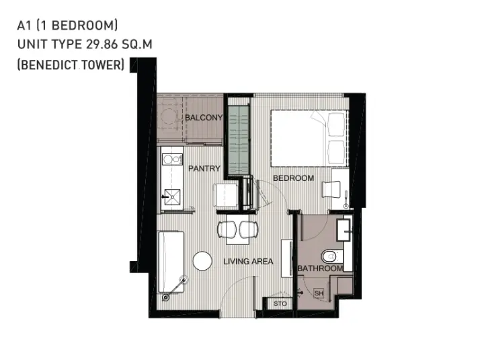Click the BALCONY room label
tap(204, 117)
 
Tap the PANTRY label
tap(204, 168)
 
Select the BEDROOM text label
tap(293, 178)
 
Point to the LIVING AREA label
tap(248, 261)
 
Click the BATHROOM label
tap(320, 268)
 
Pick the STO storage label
tap(280, 303)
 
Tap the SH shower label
tap(319, 293)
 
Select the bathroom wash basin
tap(344, 229)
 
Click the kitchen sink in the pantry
tap(172, 196)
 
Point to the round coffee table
tap(202, 261)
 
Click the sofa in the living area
tap(171, 262)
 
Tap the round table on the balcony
tap(169, 116)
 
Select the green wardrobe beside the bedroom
tap(239, 141)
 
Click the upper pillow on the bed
tap(337, 124)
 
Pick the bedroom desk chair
tap(331, 189)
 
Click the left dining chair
tap(227, 229)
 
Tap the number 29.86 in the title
tap(102, 44)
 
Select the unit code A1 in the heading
tap(24, 26)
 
